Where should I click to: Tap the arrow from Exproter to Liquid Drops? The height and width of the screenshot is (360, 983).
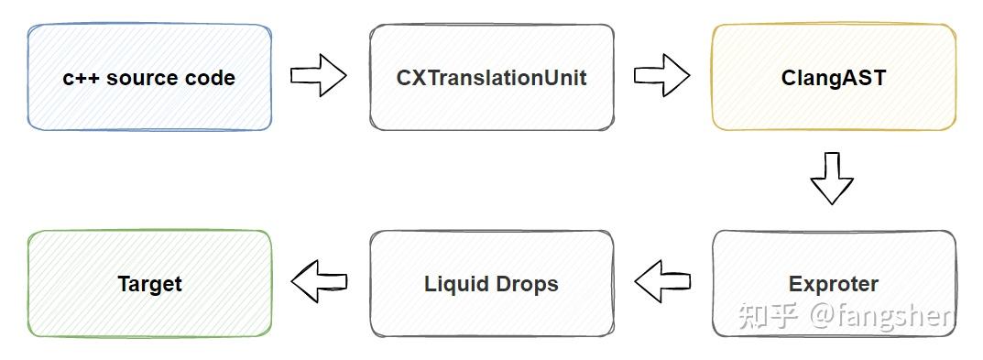pos(661,281)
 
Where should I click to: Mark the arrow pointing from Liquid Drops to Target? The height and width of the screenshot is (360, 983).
pos(319,281)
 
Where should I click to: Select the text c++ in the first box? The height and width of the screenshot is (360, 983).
pos(82,78)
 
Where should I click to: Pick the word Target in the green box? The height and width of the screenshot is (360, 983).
pos(149,284)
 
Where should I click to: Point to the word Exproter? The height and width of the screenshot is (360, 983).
pos(833,284)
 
